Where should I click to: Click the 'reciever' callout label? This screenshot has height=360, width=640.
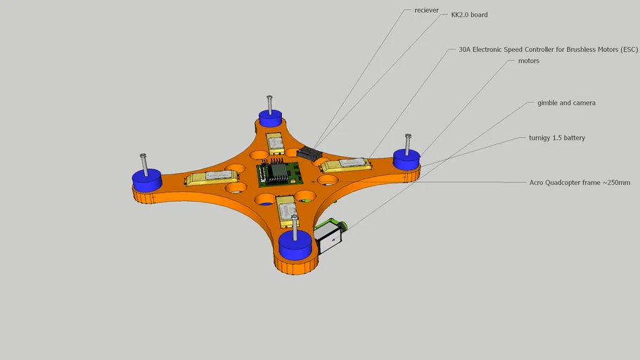427,11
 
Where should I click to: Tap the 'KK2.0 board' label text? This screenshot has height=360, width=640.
469,14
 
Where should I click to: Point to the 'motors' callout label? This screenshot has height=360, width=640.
528,60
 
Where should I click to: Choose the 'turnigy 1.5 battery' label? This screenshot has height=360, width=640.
556,138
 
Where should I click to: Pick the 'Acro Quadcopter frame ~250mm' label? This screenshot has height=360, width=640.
579,182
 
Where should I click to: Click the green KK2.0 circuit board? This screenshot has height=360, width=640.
278,174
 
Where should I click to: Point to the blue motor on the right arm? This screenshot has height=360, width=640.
407,159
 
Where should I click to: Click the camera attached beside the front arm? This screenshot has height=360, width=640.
329,236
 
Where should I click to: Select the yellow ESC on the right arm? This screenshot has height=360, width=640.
346,165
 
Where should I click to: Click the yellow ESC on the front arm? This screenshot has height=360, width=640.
288,209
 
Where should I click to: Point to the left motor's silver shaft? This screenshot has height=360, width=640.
143,165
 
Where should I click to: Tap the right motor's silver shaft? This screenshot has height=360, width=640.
407,143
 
